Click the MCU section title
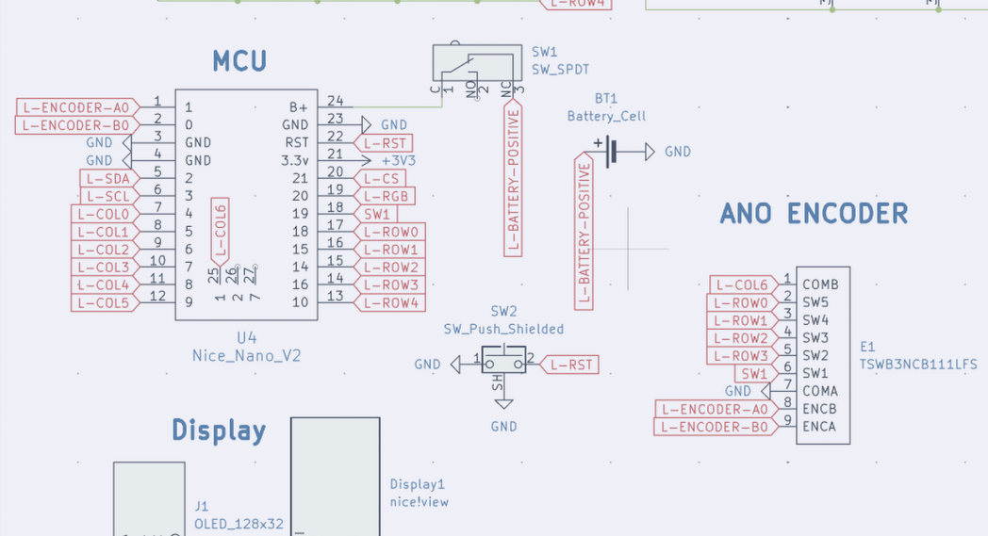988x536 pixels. (x=239, y=62)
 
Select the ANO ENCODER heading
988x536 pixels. (x=814, y=214)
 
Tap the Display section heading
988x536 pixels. (x=219, y=430)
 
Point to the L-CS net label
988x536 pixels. (x=381, y=178)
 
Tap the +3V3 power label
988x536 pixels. (x=398, y=160)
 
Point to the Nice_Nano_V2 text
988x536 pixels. (x=247, y=355)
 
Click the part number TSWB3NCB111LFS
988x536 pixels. (x=918, y=364)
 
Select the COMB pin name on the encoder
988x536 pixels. (x=819, y=284)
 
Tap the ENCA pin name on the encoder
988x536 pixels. (x=818, y=427)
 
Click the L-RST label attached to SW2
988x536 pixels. (x=571, y=365)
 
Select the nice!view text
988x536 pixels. (x=420, y=502)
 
